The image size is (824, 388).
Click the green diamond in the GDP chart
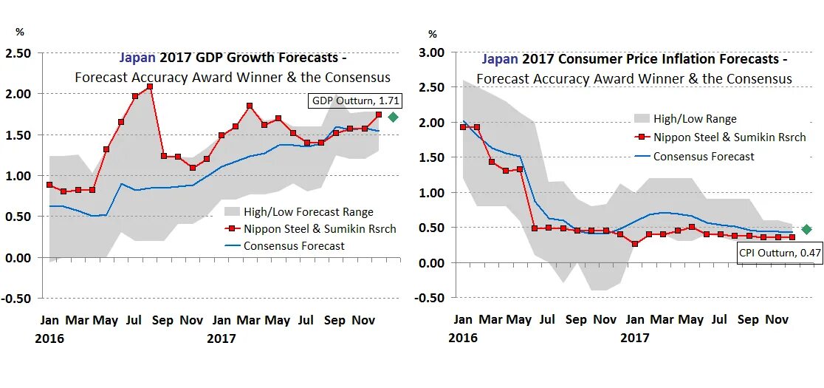pos(393,117)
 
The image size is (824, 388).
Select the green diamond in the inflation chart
pos(806,230)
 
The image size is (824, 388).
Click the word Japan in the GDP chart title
pos(137,58)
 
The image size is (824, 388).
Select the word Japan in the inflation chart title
pos(501,59)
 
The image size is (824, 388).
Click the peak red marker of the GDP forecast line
pos(150,86)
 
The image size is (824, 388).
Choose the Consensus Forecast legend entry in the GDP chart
pos(293,246)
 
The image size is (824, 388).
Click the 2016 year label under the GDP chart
pos(49,338)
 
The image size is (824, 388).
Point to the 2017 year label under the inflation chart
pos(634,338)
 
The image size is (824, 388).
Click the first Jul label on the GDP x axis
pos(134,321)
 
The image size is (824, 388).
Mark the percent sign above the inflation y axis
pos(433,34)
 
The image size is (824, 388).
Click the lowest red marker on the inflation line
pos(635,244)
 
